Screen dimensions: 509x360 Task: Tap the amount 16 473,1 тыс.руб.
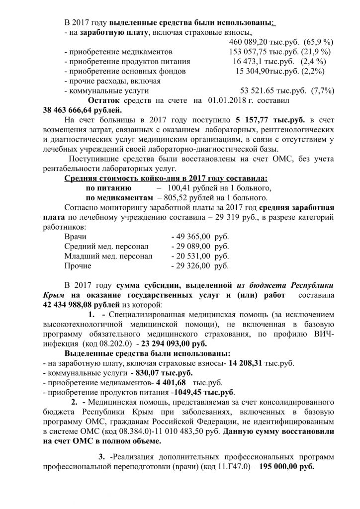(262, 61)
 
